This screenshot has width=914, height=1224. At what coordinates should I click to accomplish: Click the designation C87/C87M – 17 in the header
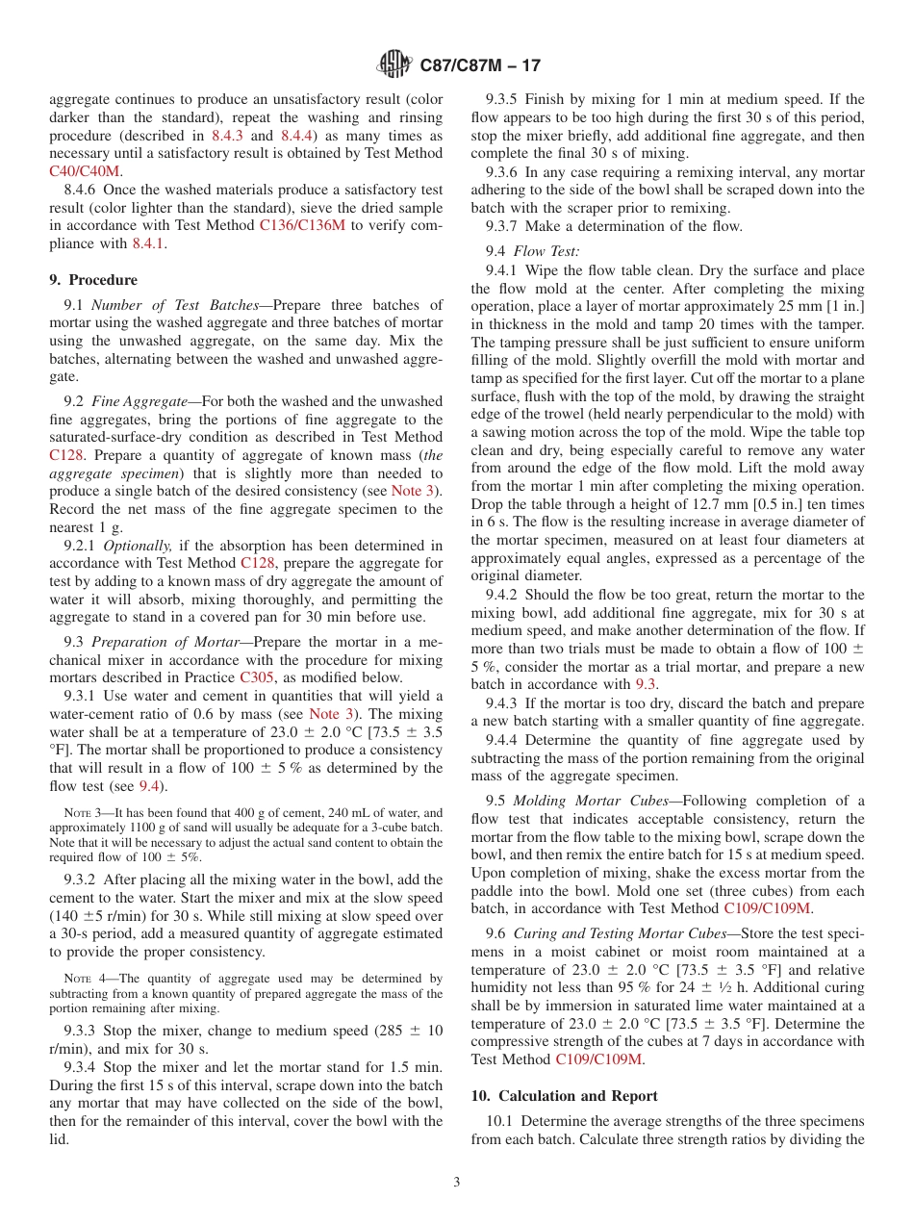click(480, 66)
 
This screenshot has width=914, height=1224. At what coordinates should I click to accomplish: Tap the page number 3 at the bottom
click(457, 1182)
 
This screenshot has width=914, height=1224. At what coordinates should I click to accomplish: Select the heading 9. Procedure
click(93, 280)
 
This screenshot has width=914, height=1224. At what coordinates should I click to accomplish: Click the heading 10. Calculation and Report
click(565, 1096)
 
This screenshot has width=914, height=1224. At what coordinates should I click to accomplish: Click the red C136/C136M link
click(301, 226)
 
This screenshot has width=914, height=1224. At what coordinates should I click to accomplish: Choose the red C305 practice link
click(256, 677)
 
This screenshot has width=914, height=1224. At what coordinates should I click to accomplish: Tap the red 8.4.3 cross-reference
click(228, 136)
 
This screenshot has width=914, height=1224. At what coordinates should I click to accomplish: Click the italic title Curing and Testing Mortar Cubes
click(621, 933)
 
